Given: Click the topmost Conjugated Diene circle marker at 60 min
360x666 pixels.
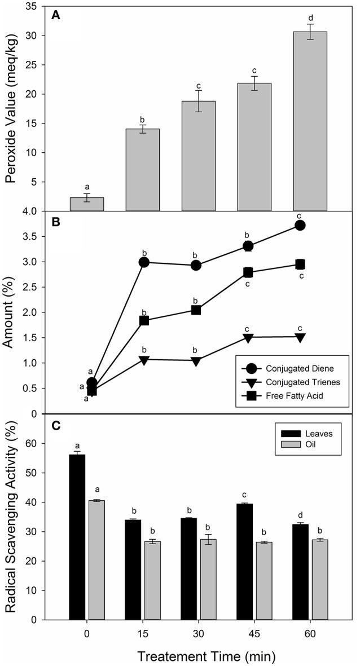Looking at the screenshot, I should [300, 226].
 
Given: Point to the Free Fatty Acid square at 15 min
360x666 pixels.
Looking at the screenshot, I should [143, 321].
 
